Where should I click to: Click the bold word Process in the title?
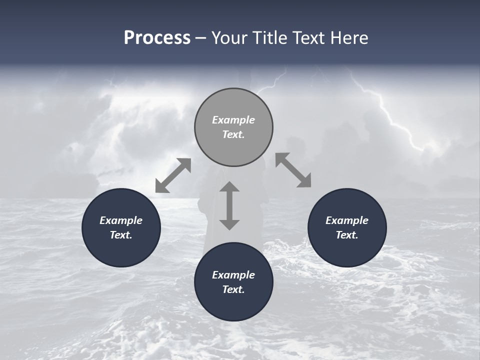coord(157,38)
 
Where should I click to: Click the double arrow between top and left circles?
coord(173,175)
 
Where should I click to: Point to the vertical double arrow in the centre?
coord(229,205)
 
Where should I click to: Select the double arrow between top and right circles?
coord(293,170)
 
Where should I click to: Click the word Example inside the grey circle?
coord(233,120)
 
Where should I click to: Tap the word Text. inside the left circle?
coord(121,235)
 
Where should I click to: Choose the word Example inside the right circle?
coord(347,220)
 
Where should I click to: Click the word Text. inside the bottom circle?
coord(233,289)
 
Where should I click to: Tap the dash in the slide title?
coord(201,38)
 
